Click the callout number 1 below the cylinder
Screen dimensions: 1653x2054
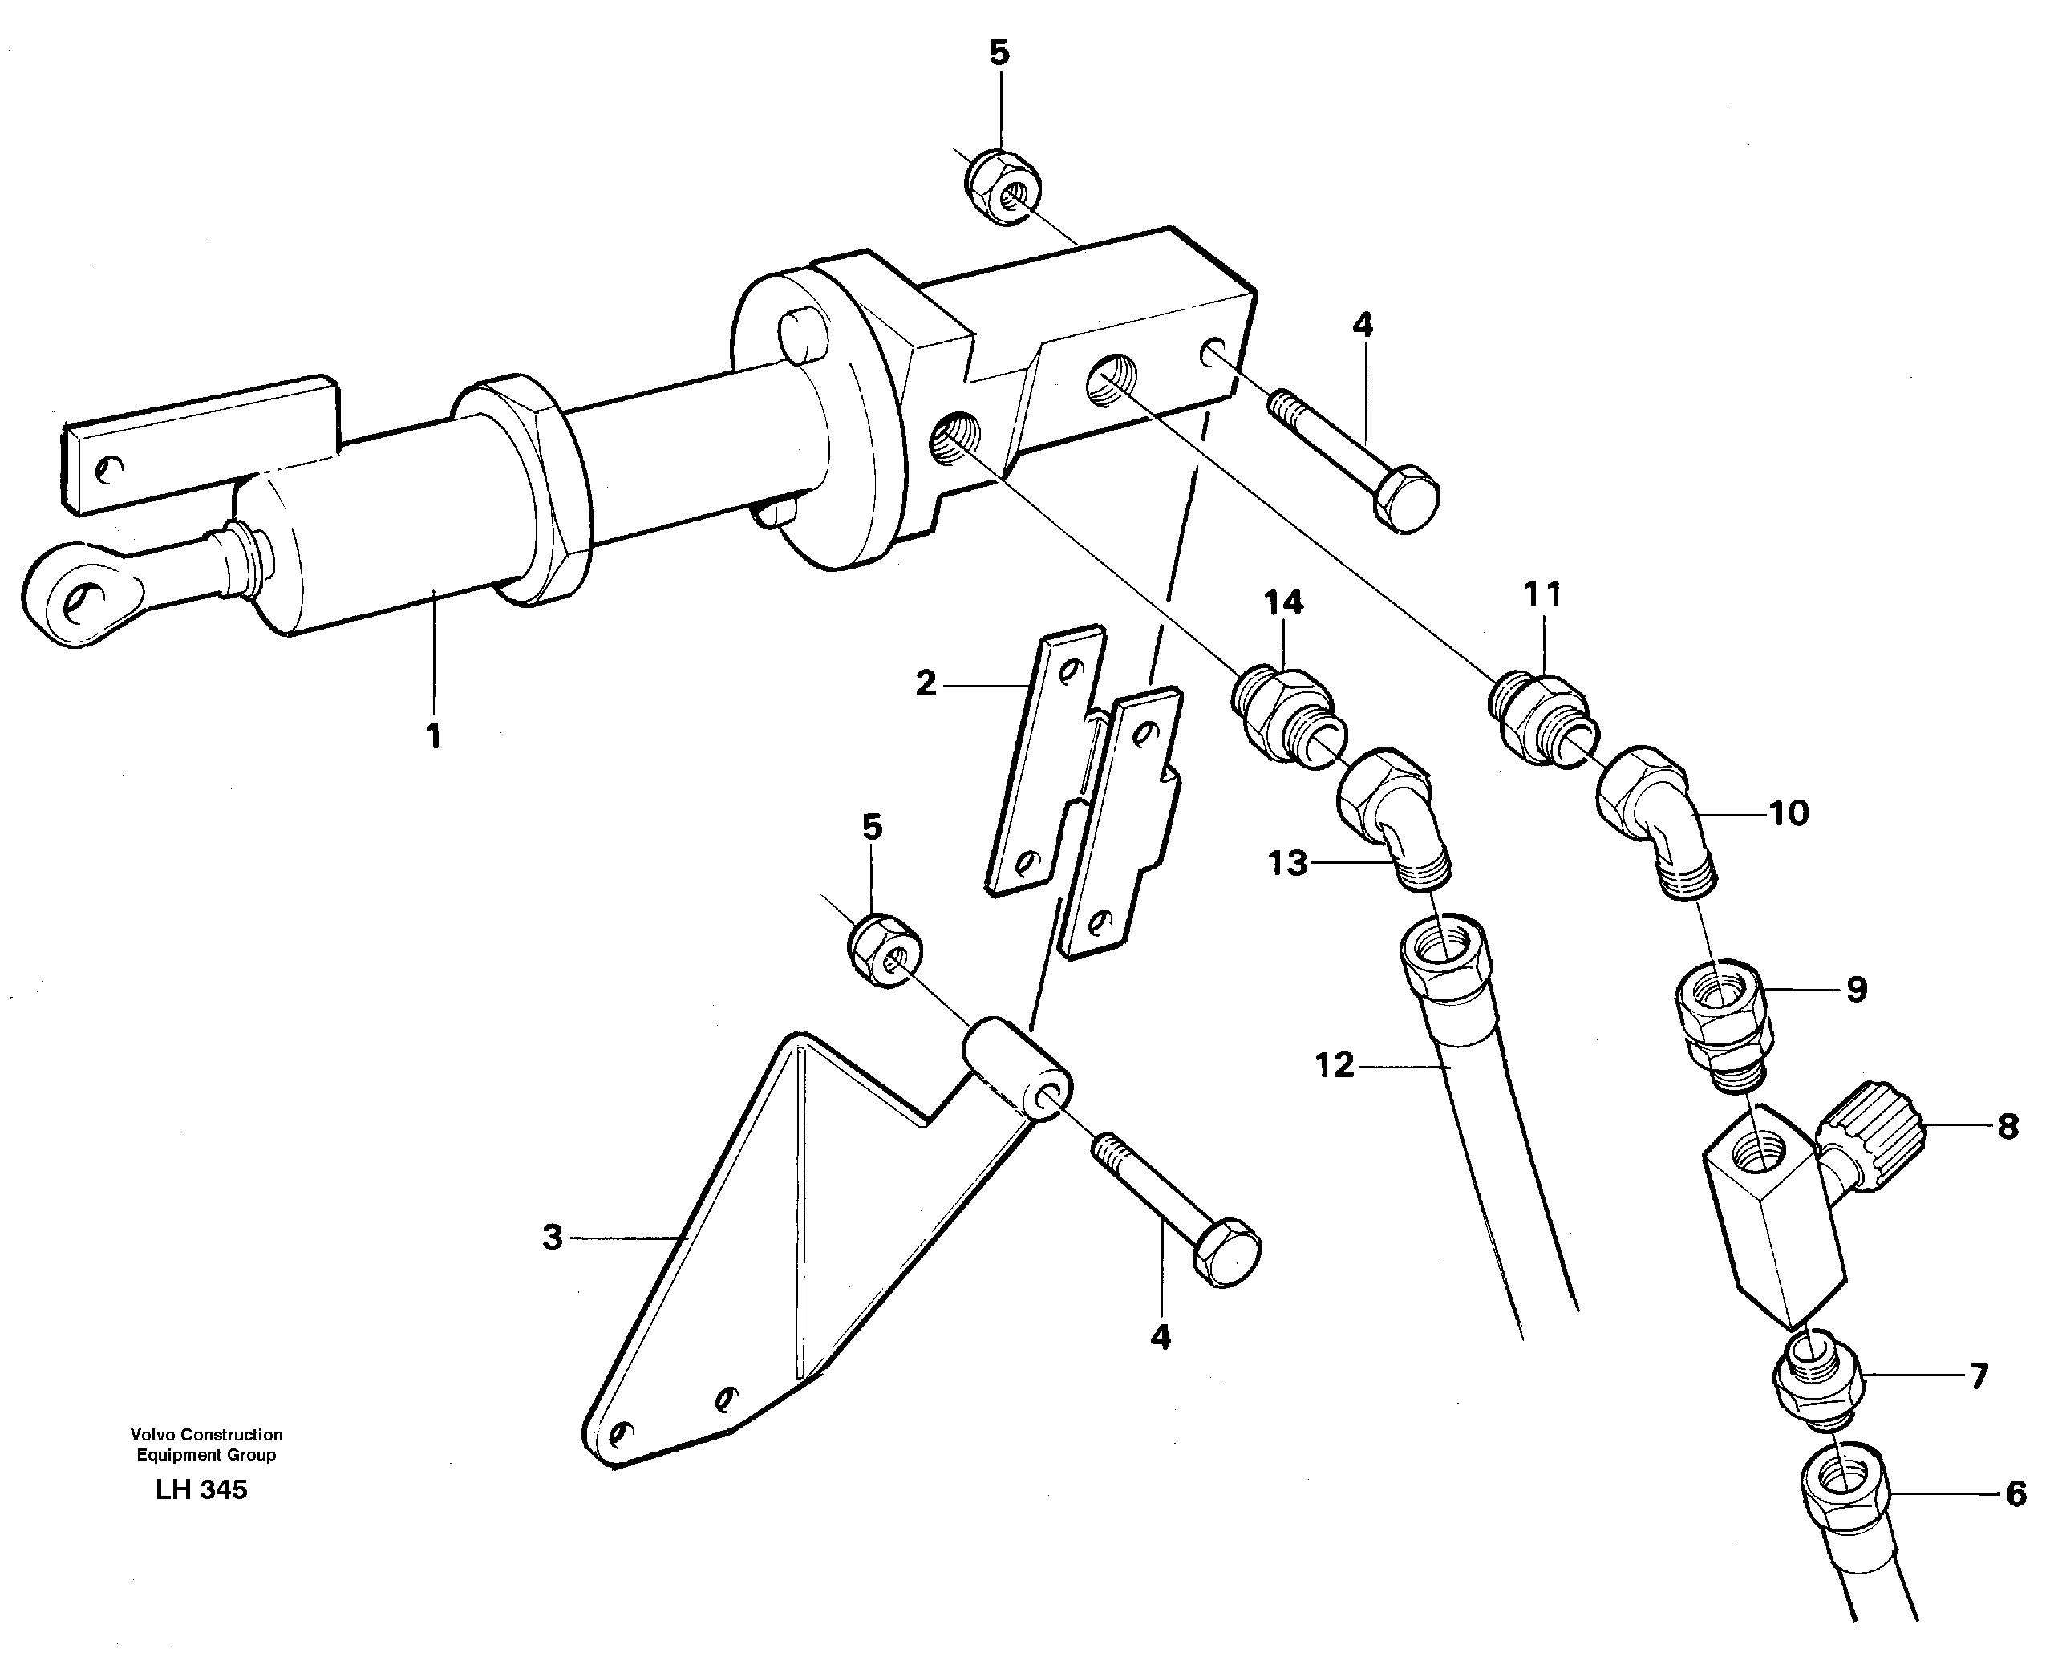433,735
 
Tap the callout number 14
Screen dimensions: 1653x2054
1283,602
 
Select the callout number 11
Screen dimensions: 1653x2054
1542,594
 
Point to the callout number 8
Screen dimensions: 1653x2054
2007,1127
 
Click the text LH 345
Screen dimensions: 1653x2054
202,1489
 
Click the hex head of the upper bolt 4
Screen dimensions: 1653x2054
1407,499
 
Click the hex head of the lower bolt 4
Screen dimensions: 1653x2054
1227,1252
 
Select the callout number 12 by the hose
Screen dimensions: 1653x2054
1334,1064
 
